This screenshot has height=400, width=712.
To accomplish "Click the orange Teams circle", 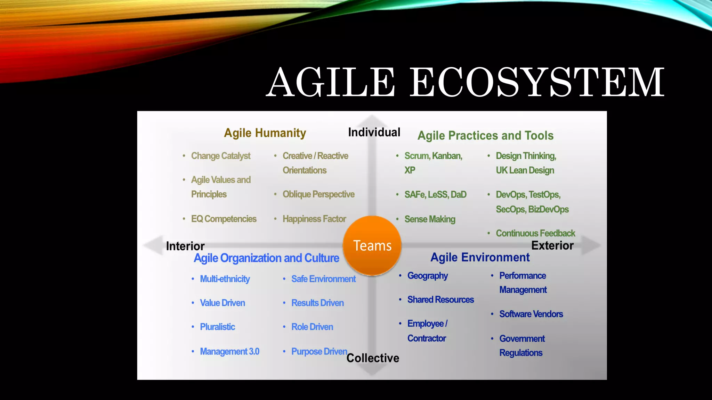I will coord(372,245).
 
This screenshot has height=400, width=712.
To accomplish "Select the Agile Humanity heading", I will coord(265,133).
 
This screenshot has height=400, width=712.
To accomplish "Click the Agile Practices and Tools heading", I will coord(485,135).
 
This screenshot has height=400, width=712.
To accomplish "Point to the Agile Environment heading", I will coord(480,257).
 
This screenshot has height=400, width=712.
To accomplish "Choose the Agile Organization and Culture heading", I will coord(266,258).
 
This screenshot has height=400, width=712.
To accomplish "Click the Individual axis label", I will coord(374,132).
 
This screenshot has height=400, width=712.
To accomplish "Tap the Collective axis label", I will coord(373,358).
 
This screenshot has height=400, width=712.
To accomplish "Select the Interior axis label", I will coord(185,246).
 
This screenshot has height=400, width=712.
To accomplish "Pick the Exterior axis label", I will coord(552,245).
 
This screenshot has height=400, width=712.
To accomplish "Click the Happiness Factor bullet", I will coord(314,219).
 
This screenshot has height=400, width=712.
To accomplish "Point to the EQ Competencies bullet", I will coord(224,219).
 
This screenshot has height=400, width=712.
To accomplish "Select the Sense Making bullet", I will coord(430,219).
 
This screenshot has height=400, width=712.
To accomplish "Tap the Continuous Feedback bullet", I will coord(535,233).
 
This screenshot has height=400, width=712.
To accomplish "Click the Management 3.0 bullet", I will coord(229,351).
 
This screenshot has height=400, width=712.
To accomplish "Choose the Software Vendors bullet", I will coord(531,314).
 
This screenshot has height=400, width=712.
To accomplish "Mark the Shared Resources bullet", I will coord(440,300).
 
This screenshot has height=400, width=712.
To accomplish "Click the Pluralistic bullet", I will coord(217,327).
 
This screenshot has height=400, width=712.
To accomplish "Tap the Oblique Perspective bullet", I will coord(318,194).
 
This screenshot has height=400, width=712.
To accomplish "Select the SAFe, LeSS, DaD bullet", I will coord(435,194).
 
